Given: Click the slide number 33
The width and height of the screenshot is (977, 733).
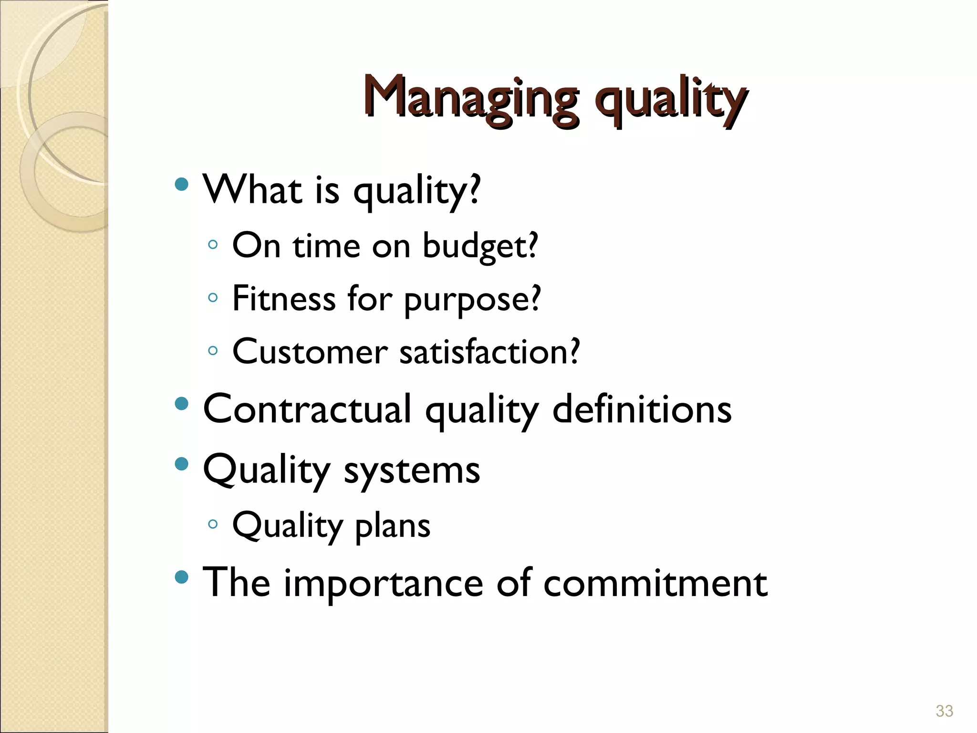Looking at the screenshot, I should coord(944,711).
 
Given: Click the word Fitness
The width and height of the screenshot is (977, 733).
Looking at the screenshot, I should coord(284,299).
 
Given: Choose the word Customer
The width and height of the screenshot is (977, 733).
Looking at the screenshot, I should coord(310,352).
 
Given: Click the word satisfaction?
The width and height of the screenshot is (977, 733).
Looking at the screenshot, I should coord(489,352).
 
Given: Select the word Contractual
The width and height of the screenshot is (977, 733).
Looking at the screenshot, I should coord(307,409).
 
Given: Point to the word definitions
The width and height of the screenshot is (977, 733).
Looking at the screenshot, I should coord(642,409).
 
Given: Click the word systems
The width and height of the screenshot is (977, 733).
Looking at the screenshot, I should coord(412,471).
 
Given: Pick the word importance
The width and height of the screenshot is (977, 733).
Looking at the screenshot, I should coord(384,583).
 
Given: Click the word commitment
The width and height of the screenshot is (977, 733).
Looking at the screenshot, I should coord(655,583).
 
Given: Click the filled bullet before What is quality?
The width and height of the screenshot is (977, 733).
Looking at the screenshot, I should coord(181,184).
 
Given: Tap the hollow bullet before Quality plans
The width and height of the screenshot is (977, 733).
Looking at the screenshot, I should coord(213,524).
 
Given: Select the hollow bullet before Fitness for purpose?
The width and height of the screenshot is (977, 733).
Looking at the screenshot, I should coord(213,298).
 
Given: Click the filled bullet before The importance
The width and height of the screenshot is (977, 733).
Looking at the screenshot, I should coord(181,577).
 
